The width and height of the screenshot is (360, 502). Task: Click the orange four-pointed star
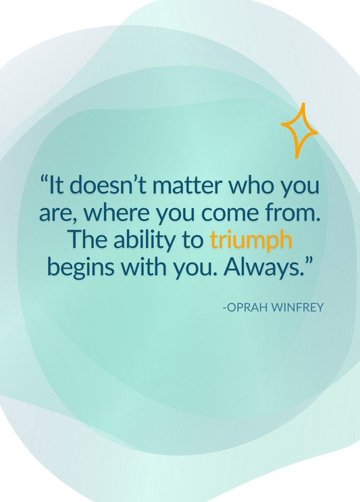coord(299,130)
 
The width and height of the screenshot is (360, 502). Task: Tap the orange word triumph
coord(251,240)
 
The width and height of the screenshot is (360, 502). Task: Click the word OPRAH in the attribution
coord(247,307)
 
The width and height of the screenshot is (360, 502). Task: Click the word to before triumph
coord(194,240)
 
